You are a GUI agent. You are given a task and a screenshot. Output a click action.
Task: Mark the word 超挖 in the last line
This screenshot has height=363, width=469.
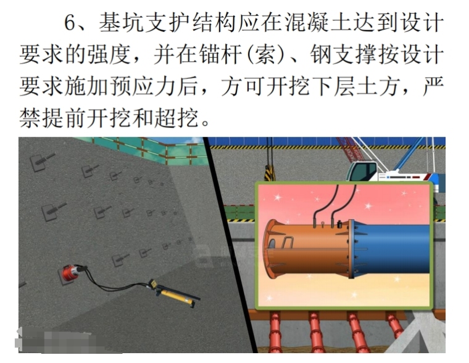(x=176, y=118)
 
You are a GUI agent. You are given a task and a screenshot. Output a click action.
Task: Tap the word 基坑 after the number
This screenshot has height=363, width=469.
(x=122, y=22)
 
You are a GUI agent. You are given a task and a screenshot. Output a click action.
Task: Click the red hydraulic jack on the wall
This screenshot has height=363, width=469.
(x=71, y=272)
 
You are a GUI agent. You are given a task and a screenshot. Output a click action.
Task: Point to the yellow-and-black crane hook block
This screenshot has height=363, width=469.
(x=270, y=173)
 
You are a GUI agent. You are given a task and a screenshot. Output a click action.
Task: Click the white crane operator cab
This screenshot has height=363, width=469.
(x=362, y=171)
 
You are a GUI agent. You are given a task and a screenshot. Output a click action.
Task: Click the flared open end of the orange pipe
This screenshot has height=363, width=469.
(x=270, y=249)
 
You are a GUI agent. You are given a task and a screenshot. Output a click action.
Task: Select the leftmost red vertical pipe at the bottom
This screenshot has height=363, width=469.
(x=275, y=332)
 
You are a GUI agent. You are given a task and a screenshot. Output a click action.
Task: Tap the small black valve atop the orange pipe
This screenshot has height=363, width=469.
(x=339, y=224)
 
